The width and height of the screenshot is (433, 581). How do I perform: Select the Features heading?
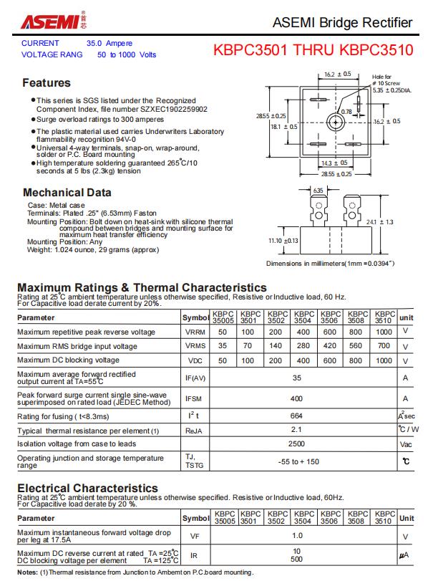[x=47, y=82]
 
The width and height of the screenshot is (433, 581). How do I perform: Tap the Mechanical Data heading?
[x=67, y=192]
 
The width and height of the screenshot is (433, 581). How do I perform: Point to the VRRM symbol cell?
[x=195, y=332]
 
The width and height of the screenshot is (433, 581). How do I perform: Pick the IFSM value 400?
[x=296, y=398]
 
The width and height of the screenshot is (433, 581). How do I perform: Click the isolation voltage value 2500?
[x=296, y=443]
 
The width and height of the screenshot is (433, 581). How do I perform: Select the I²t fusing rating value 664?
[x=296, y=416]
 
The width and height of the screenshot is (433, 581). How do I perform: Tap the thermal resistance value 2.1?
[x=296, y=430]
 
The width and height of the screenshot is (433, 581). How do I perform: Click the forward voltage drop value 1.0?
[x=297, y=535]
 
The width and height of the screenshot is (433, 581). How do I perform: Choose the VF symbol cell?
[x=195, y=535]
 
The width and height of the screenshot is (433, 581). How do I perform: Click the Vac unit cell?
[x=406, y=443]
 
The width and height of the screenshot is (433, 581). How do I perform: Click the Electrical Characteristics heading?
[x=87, y=489]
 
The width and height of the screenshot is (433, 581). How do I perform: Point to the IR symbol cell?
[x=195, y=555]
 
